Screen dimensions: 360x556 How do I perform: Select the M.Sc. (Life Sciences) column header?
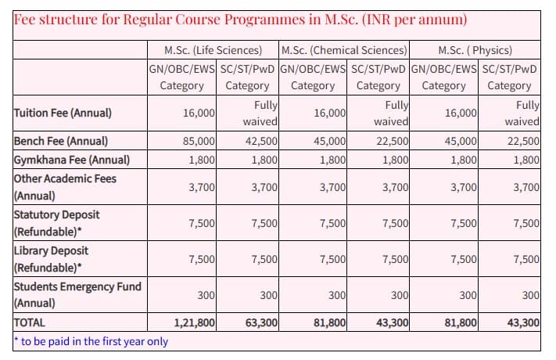coord(213,50)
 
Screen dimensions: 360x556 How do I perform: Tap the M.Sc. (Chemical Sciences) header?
coord(343,50)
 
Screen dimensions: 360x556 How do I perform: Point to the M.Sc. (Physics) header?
coord(475,50)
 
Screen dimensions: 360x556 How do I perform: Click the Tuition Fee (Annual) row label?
coord(63,113)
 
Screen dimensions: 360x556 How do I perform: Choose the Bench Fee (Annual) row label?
coord(60,141)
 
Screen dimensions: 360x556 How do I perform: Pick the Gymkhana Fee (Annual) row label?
coord(70,160)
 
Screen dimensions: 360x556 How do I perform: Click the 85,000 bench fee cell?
coord(199,141)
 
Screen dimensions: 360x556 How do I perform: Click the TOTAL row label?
coord(30,322)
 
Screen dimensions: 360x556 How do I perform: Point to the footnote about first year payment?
coord(91,341)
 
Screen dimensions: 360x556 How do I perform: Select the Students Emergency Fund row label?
coord(77,294)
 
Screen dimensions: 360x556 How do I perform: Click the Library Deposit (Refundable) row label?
coord(51,258)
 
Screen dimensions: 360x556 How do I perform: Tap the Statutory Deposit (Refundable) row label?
coord(56,221)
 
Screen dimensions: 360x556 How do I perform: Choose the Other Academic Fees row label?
coord(65,186)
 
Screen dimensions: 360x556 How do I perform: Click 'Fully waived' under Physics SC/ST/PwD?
coord(522,113)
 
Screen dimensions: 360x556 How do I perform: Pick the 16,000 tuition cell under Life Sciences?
coord(199,113)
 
